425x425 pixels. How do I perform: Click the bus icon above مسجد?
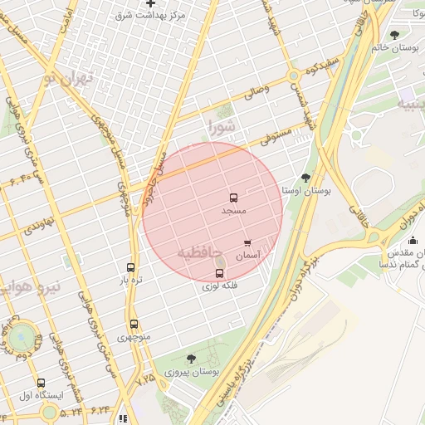233,198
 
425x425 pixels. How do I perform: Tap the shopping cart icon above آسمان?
247,243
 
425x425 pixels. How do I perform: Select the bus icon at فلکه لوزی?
219,273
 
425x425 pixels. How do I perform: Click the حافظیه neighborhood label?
199,251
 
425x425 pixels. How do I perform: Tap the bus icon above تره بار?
130,267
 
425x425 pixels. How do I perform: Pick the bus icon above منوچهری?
134,325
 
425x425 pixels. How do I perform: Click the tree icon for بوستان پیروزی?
192,359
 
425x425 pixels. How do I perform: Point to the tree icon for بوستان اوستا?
305,178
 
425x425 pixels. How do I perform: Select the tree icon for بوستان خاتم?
393,35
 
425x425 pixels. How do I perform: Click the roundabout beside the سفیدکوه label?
294,77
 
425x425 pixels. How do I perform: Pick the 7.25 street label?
145,379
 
